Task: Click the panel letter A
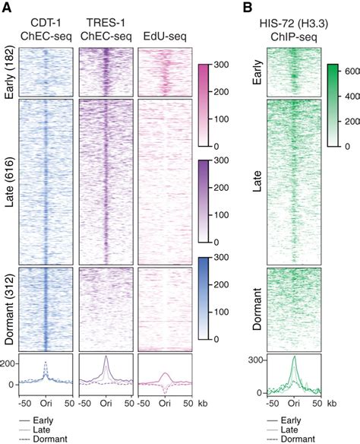7,7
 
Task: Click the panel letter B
247,7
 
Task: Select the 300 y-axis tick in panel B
254,359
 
